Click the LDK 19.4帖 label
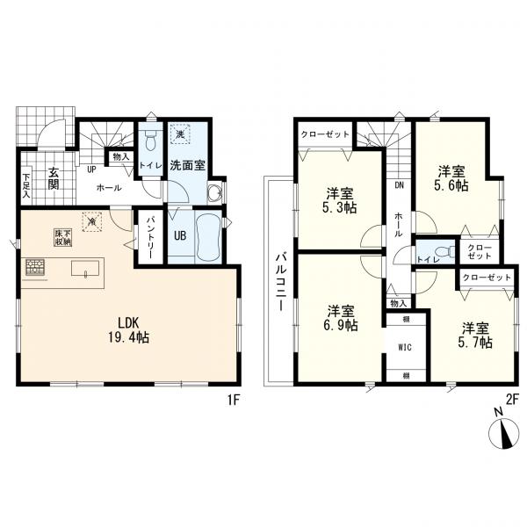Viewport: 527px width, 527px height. pos(128,330)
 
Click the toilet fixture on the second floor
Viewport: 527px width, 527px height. pos(443,251)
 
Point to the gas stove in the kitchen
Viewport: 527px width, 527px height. pos(35,267)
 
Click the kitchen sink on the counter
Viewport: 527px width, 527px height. pos(85,269)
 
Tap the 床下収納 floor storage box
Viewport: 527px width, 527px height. pos(63,237)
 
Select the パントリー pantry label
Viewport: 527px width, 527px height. pos(149,237)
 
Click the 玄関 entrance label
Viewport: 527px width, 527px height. pos(53,178)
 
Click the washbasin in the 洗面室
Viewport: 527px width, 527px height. pos(214,193)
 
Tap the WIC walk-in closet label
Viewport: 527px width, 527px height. pos(405,348)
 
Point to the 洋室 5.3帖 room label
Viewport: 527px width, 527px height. pos(339,200)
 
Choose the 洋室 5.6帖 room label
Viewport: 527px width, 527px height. pos(451,178)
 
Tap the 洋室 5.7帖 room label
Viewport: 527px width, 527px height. pos(475,336)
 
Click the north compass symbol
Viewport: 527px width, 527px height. pos(503,431)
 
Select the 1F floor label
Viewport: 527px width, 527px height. pos(234,400)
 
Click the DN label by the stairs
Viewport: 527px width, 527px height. pos(400,184)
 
